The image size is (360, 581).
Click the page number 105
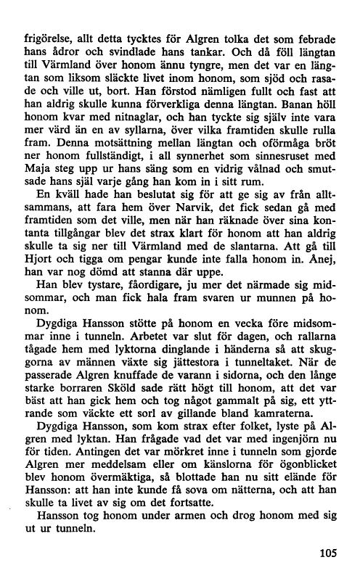point(328,554)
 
